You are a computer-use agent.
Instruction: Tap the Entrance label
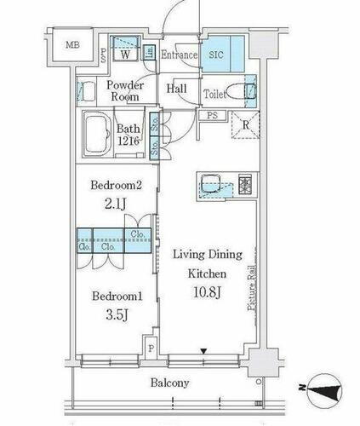[x=180, y=55]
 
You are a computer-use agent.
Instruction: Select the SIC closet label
[x=217, y=55]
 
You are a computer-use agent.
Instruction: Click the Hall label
[x=178, y=89]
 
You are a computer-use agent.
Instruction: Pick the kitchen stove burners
[x=244, y=181]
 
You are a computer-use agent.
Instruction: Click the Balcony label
[x=171, y=383]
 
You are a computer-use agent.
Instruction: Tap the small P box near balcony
[x=151, y=348]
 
